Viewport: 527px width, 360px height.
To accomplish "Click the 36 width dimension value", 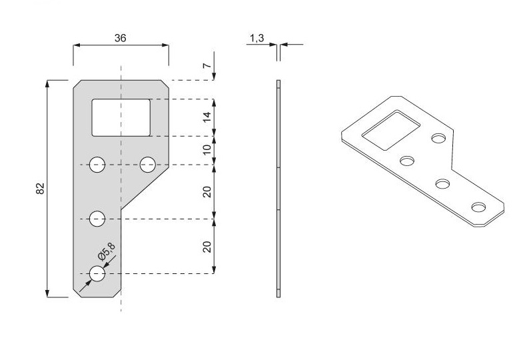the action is pos(120,38).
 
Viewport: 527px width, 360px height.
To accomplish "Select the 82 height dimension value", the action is pos(40,189).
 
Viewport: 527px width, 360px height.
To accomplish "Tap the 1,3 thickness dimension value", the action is pos(257,39).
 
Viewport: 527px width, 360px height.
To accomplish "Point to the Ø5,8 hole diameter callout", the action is pos(107,251).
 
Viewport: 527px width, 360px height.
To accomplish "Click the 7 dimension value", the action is pos(207,65).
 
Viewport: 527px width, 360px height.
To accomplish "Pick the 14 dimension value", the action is pos(207,117).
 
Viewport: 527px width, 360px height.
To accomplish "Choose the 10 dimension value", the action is pos(207,149).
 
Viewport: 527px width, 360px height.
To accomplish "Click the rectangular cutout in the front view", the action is pos(121,117).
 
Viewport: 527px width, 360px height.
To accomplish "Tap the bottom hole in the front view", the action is pos(97,273).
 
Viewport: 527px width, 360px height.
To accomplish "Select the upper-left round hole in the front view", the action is pos(97,165).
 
